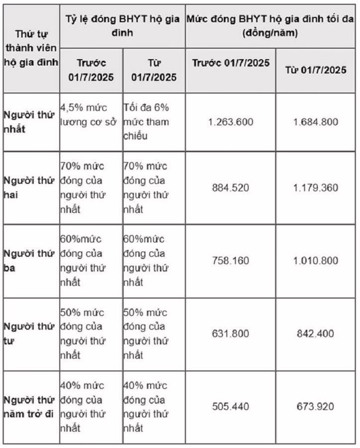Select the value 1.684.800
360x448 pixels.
click(316, 122)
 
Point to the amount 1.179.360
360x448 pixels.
click(316, 188)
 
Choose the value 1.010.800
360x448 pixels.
click(316, 260)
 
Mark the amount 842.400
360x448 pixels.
click(316, 334)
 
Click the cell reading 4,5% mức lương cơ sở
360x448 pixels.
click(90, 115)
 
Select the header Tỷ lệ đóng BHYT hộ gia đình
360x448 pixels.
click(122, 26)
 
